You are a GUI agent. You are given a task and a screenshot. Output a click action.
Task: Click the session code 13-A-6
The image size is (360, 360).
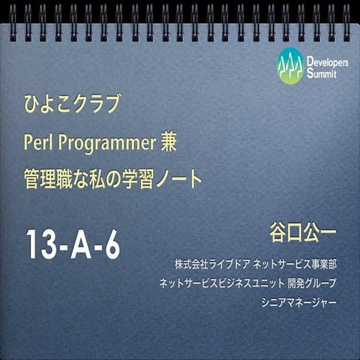[73, 244]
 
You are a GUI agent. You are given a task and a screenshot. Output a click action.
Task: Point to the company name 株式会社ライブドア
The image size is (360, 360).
[209, 265]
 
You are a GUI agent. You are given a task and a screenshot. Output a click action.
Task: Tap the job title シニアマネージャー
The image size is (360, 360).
[298, 302]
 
